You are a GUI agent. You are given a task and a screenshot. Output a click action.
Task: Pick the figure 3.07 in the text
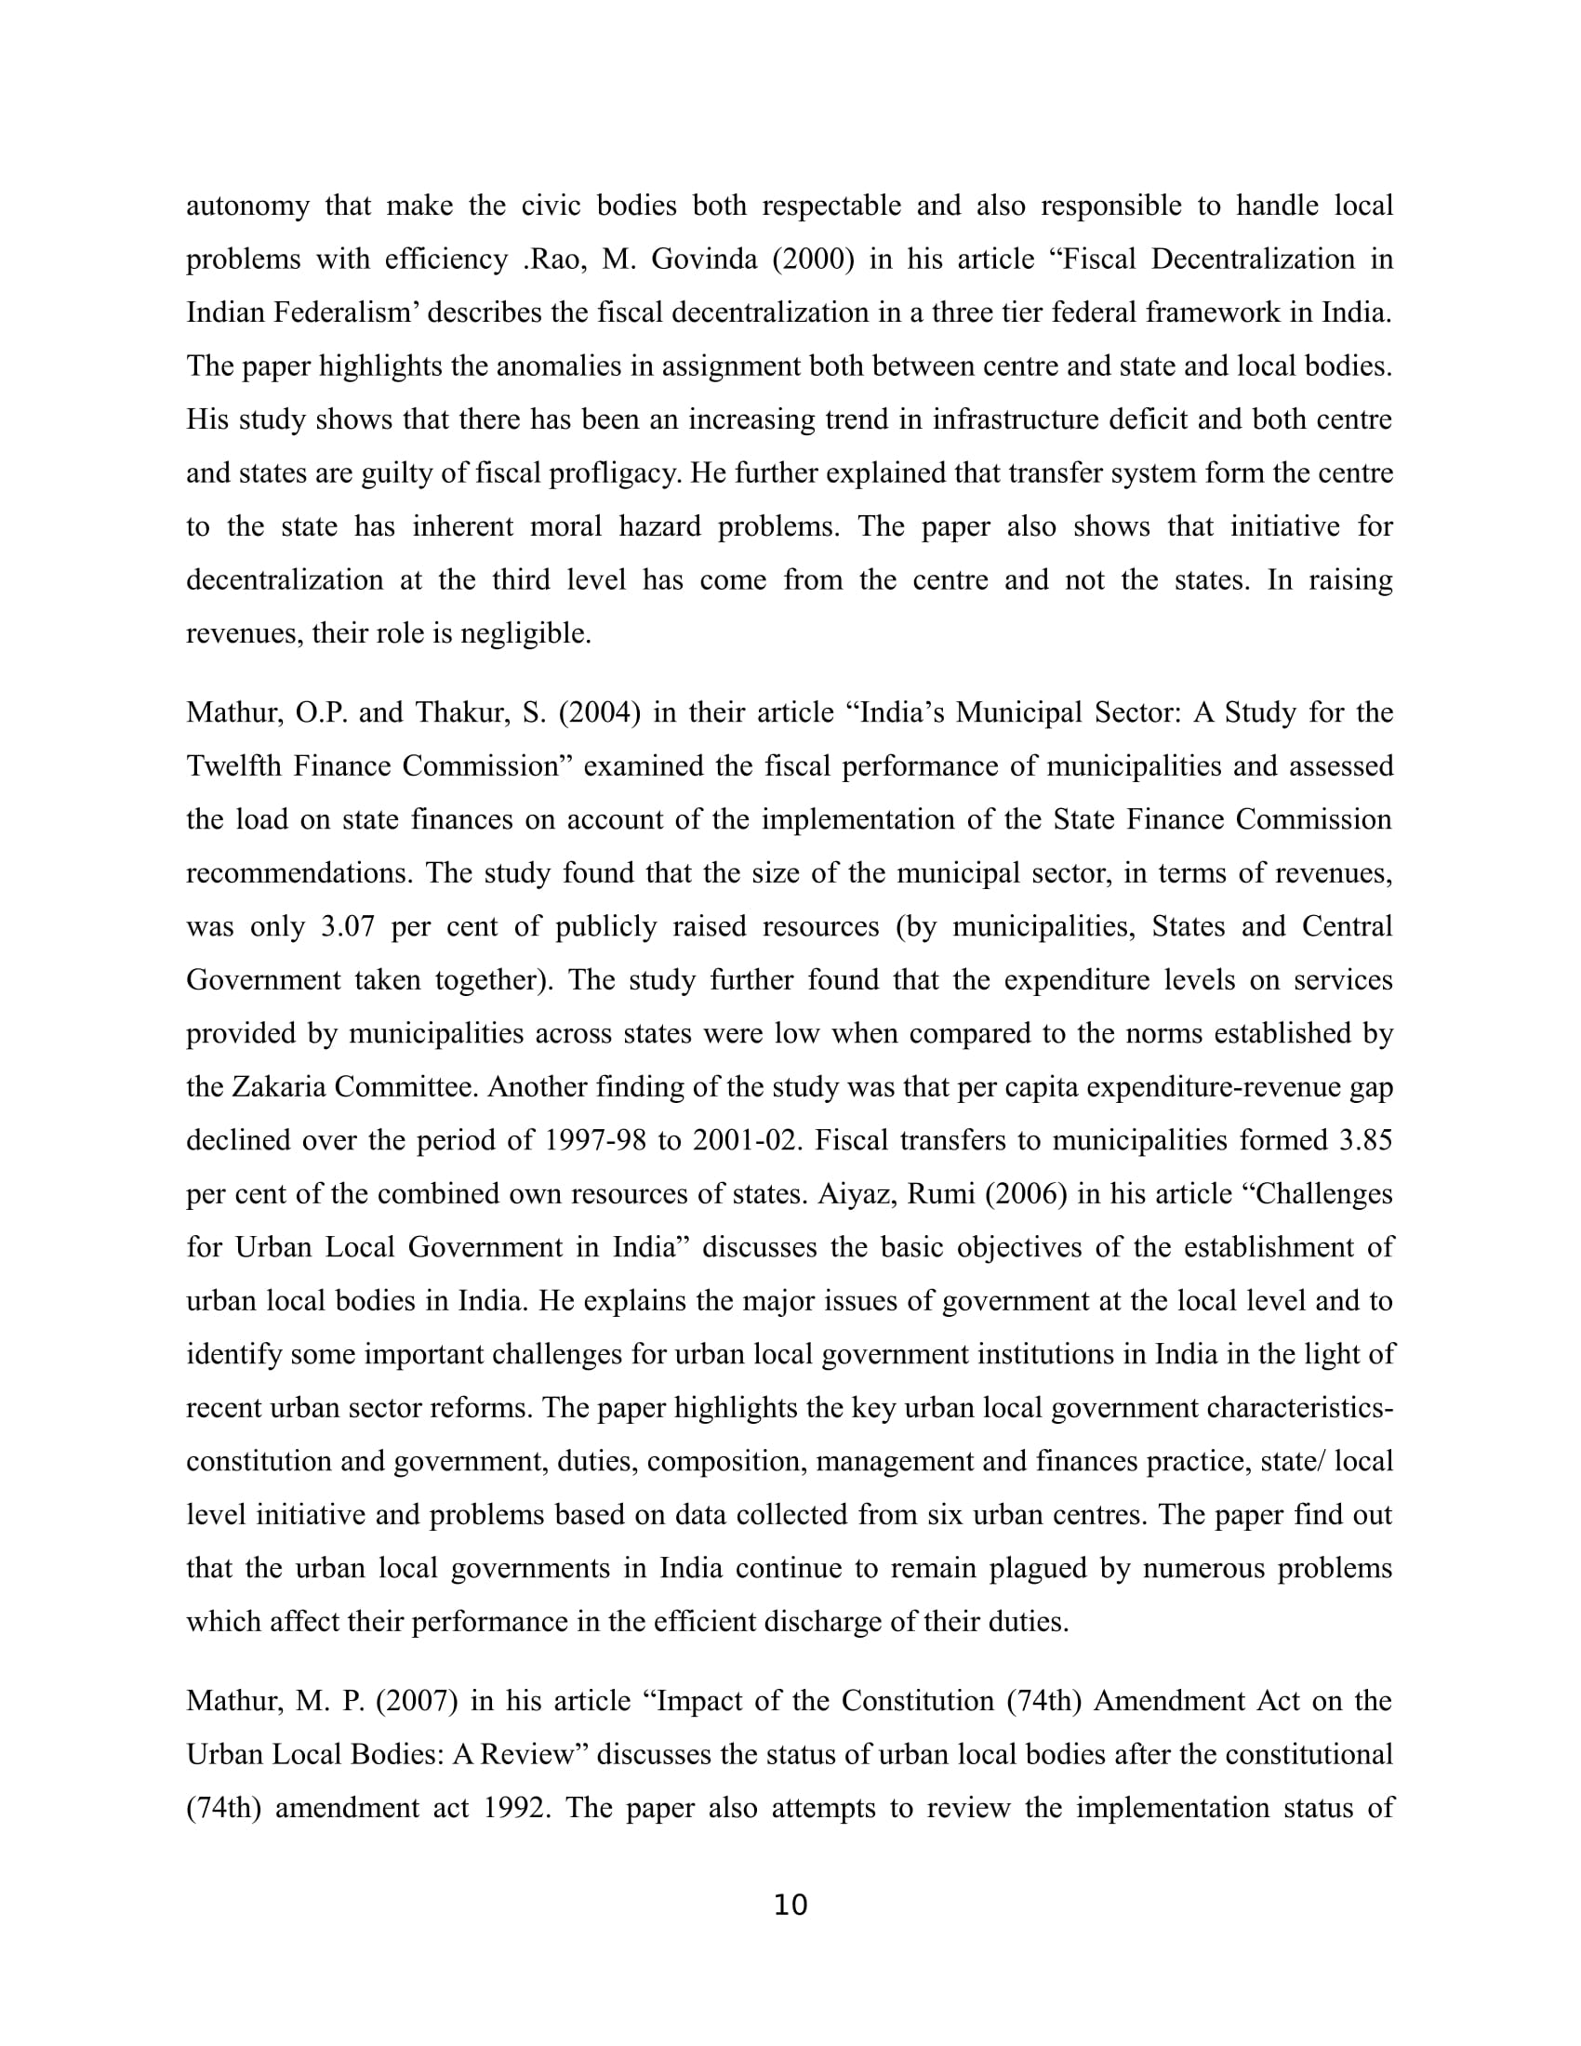pos(349,926)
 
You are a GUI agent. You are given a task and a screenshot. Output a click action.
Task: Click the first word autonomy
pos(247,206)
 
